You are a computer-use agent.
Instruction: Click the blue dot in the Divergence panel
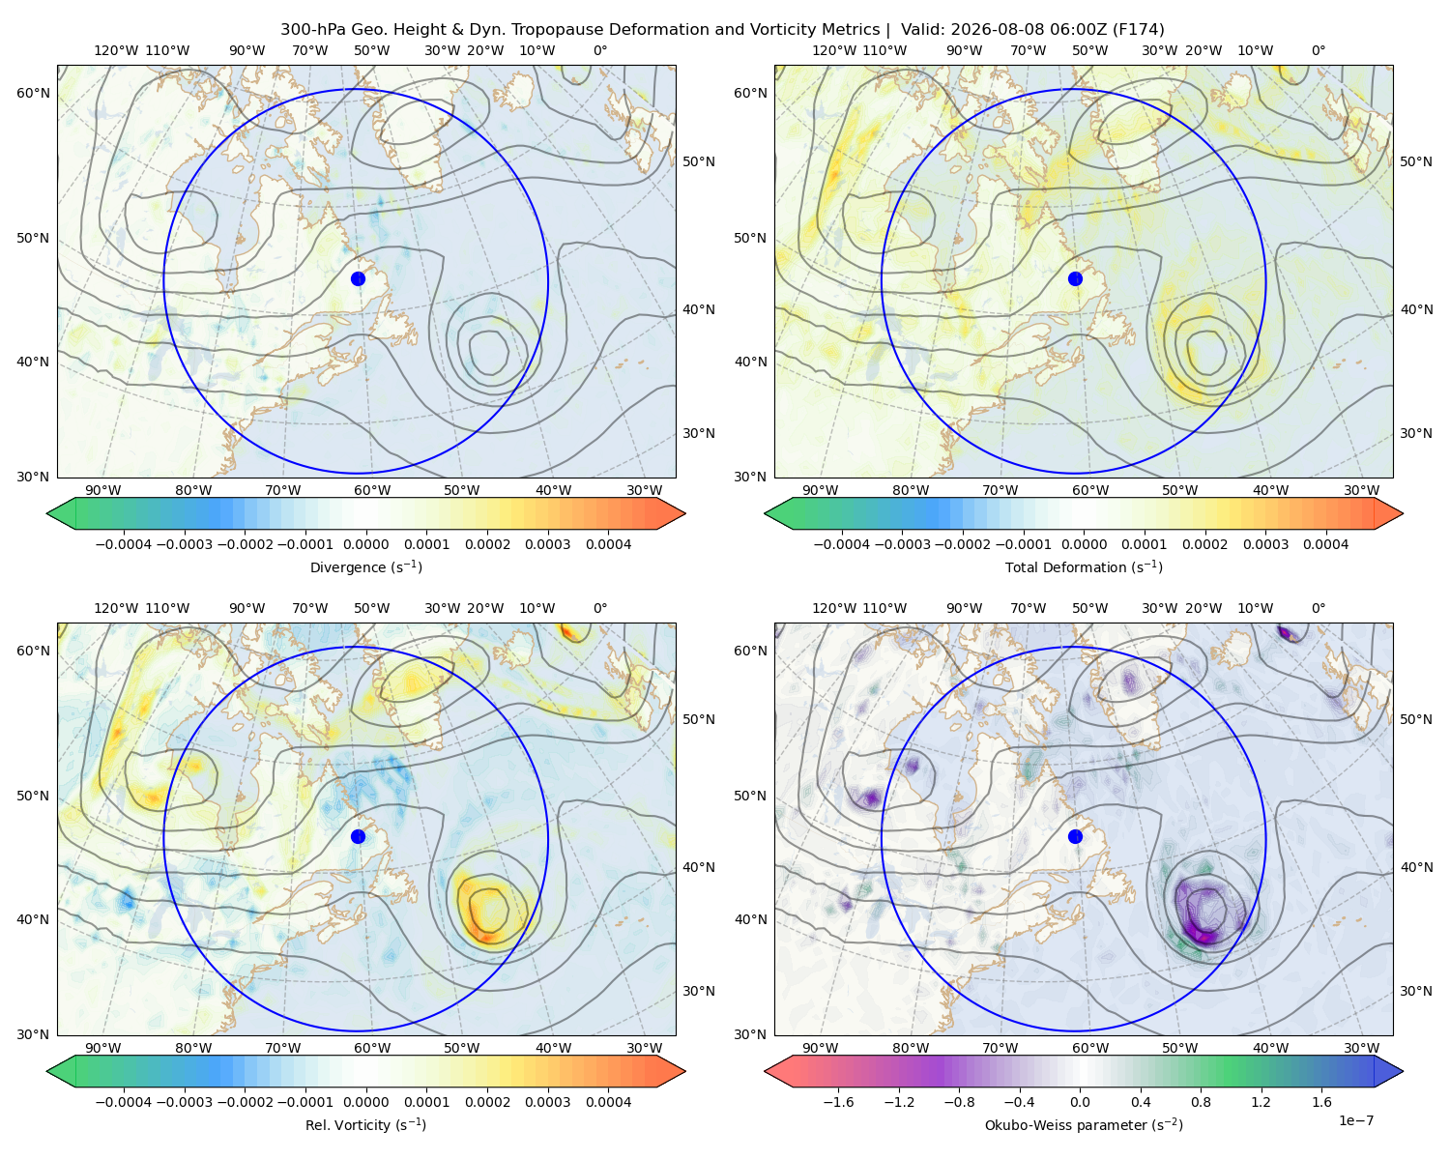[358, 279]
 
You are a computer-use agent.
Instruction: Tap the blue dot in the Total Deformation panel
[1075, 279]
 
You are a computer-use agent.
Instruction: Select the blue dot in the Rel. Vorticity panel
[358, 836]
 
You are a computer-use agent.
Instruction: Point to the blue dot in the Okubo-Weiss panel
[1075, 836]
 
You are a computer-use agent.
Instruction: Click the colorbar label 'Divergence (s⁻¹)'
[365, 567]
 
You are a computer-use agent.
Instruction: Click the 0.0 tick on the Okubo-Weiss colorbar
[1080, 1102]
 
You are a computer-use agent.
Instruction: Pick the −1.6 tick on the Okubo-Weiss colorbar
[838, 1102]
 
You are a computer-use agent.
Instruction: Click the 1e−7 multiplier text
[1355, 1121]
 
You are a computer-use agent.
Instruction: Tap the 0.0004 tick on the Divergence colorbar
[608, 544]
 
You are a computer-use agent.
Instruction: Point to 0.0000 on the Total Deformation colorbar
[1084, 544]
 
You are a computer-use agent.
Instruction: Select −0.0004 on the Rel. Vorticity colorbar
[124, 1102]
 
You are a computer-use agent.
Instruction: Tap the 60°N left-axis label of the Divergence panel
[33, 93]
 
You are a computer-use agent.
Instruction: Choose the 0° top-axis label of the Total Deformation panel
[1319, 50]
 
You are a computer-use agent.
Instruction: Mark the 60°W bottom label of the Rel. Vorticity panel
[372, 1048]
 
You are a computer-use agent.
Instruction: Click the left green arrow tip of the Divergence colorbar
[47, 513]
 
